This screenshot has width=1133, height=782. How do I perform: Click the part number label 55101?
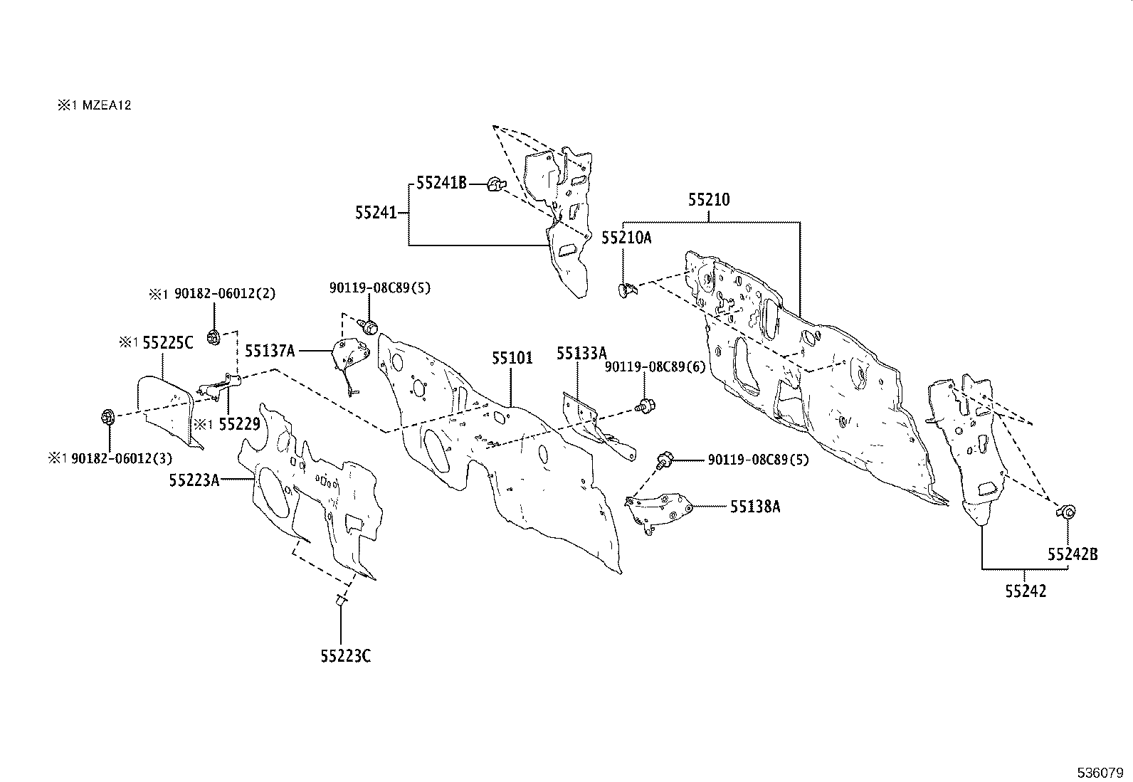coord(512,357)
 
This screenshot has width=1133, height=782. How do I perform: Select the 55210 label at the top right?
coord(709,200)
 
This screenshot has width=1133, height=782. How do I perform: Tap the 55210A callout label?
coord(626,238)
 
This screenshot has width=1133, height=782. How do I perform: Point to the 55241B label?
coord(441,184)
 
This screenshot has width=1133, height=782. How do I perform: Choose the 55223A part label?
coord(194,480)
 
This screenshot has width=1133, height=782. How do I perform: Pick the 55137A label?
coord(270,350)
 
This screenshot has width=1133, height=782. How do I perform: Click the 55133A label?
coord(581,354)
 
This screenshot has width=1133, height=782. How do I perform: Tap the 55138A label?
coord(754,507)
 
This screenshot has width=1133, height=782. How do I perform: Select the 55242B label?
coord(1072,554)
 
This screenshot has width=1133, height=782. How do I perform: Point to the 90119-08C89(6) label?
coord(655,366)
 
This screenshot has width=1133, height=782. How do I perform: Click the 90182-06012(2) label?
coord(211,293)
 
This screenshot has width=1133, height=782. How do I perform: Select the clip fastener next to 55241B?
coord(495,185)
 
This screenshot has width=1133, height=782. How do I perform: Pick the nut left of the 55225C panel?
coord(108,416)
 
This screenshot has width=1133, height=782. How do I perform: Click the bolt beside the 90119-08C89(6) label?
coord(646,406)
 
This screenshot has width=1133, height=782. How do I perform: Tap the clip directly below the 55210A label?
coord(626,289)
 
